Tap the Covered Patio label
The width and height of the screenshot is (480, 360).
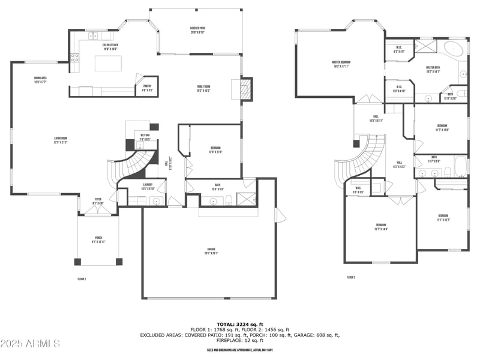point(197,30)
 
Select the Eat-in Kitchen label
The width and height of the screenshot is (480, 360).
point(110,47)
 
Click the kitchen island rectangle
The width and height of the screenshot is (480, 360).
point(108,64)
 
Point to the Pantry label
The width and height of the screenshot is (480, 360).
point(146,88)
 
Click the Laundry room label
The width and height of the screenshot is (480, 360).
point(147,186)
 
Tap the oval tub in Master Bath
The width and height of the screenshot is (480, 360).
point(455,48)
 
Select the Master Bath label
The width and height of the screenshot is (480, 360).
point(433,70)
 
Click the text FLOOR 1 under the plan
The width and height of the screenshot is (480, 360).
point(82,279)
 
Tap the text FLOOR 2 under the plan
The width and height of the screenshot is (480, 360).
point(351,277)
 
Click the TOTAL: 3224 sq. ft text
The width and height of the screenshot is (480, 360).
point(239,324)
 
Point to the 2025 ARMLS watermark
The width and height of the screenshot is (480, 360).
point(30,344)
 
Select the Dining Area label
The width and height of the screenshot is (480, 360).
point(40,80)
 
